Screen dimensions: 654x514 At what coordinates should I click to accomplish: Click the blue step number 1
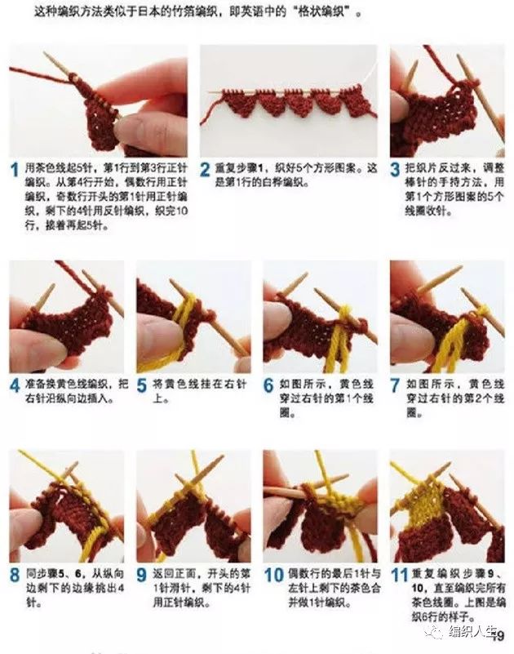click(15, 171)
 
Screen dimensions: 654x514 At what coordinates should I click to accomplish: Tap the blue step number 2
click(206, 171)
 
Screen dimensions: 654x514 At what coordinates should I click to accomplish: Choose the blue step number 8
click(15, 575)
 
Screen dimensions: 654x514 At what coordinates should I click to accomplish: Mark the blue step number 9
click(142, 575)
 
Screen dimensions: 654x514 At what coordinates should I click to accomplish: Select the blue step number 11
click(399, 575)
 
